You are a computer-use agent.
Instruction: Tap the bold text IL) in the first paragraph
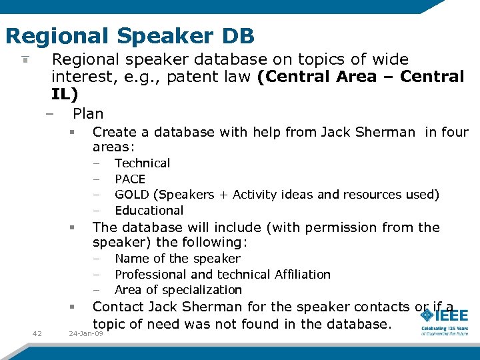[65, 93]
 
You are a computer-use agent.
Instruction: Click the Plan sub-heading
[88, 113]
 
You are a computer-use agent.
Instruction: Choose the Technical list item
[142, 163]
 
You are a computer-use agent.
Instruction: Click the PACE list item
[130, 179]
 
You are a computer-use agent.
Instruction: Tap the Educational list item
[149, 211]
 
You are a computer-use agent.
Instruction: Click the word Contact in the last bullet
[118, 307]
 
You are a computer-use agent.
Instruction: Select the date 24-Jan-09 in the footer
[86, 333]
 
